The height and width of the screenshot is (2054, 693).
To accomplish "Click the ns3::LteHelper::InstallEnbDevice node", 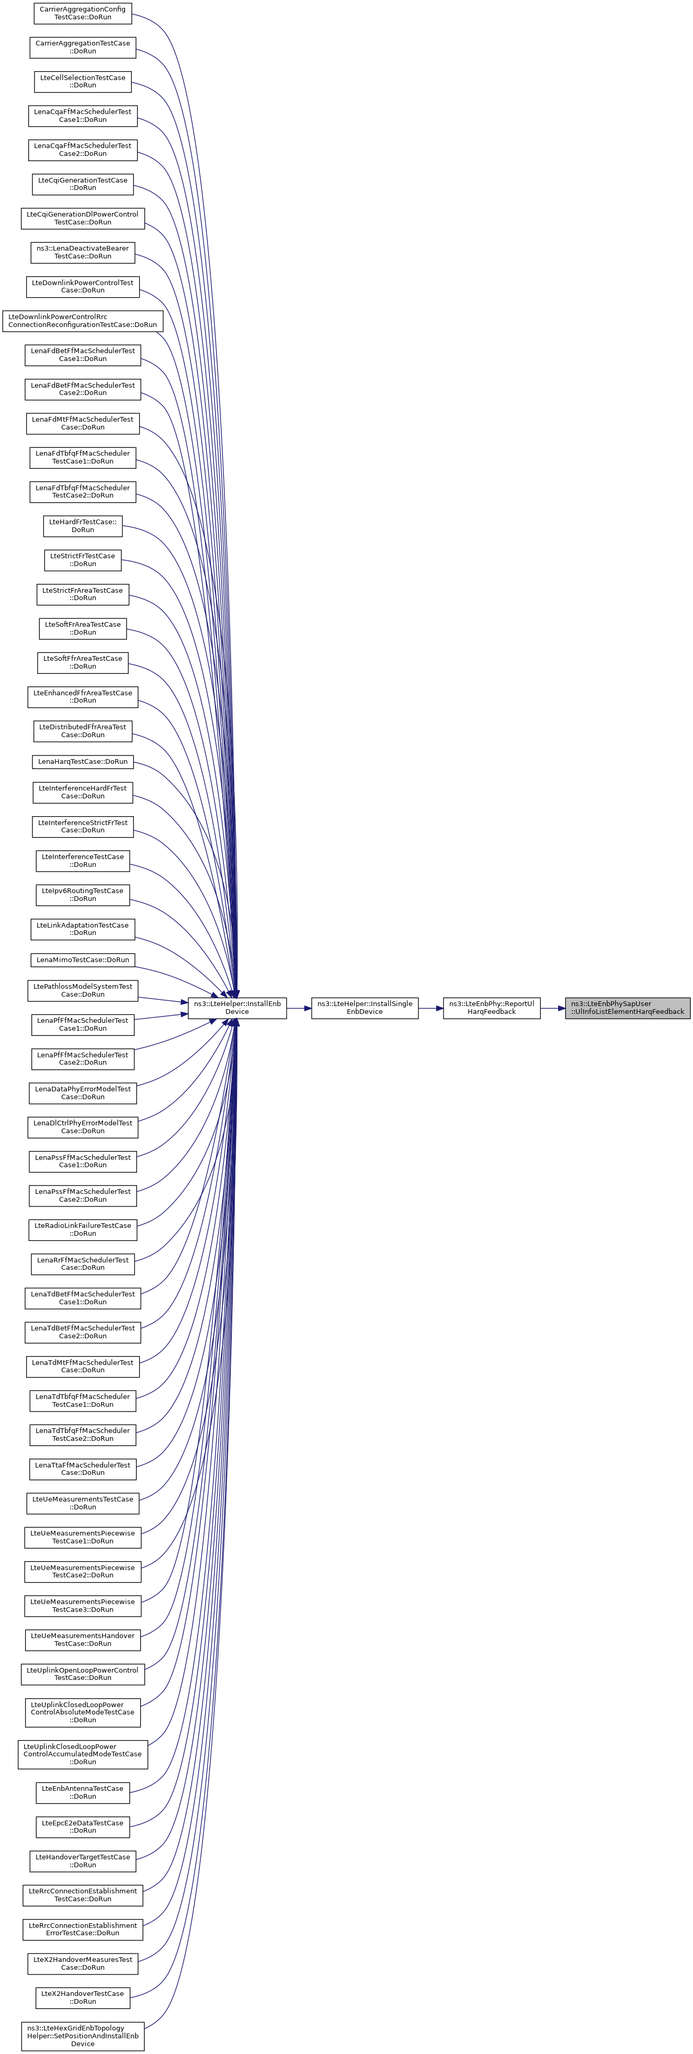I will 237,1007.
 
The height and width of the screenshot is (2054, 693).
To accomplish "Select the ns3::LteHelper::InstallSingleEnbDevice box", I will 365,1007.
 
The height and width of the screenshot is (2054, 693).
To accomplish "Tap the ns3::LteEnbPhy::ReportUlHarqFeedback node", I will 491,1007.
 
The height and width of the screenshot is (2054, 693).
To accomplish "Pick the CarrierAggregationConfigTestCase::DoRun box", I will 82,13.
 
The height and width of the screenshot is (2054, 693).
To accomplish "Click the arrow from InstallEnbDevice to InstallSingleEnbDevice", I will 298,1008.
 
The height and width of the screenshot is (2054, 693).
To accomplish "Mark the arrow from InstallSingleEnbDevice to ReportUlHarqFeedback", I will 430,1008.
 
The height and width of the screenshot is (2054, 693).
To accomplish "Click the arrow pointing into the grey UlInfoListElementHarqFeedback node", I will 553,1008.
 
